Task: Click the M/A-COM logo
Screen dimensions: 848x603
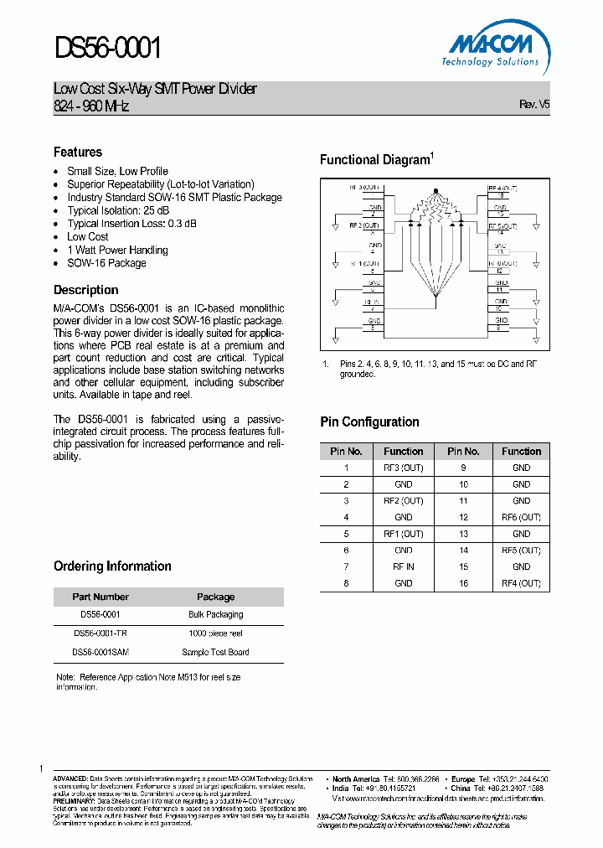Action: (x=491, y=49)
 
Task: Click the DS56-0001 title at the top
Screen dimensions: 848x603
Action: (x=107, y=49)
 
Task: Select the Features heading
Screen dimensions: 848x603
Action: (x=78, y=152)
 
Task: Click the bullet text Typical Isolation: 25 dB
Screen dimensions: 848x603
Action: (x=118, y=210)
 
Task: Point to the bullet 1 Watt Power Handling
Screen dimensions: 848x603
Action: (x=117, y=250)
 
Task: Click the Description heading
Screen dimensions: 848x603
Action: (x=86, y=290)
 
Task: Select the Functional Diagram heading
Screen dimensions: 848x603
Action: (x=374, y=160)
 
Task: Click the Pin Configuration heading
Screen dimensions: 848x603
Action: (x=369, y=421)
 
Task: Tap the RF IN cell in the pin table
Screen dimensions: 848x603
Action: (x=403, y=566)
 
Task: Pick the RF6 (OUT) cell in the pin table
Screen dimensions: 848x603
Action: (x=521, y=517)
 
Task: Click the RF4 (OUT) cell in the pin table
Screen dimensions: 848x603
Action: (x=521, y=583)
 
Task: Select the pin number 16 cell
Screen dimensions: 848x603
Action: (x=462, y=583)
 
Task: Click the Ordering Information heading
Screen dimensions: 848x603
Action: (x=112, y=566)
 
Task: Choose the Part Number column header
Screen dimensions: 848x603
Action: (x=100, y=597)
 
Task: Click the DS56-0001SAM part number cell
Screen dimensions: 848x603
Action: (x=100, y=652)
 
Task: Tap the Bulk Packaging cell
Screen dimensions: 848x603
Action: (x=215, y=614)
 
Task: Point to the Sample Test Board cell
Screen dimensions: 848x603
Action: (x=215, y=652)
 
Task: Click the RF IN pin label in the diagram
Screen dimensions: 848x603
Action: (x=371, y=302)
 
